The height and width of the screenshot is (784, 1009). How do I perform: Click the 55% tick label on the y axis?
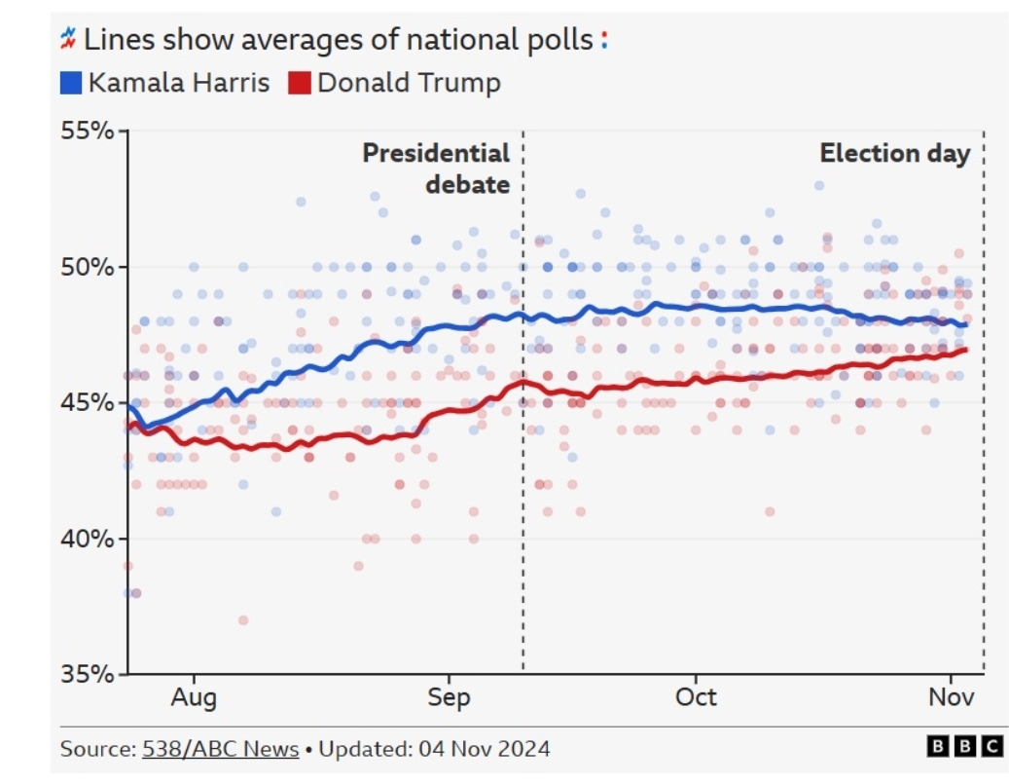point(90,131)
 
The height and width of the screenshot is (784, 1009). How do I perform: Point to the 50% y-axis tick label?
point(90,267)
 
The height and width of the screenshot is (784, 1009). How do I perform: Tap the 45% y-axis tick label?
point(90,402)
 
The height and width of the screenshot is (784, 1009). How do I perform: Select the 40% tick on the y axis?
point(90,539)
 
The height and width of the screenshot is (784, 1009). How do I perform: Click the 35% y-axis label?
point(90,674)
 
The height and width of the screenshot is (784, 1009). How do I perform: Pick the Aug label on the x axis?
point(196,697)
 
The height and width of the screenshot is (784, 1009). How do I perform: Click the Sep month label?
point(449,697)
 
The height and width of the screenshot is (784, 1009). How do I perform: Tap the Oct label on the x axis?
point(696,697)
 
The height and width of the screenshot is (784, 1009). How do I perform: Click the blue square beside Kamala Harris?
point(71,84)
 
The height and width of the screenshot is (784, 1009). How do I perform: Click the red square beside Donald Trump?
point(300,84)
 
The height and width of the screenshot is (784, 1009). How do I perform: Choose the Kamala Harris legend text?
point(178,83)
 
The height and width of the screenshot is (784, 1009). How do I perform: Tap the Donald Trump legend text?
point(409,83)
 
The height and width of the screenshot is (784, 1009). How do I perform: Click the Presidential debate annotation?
point(437,168)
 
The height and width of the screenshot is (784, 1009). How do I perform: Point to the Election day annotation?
point(894,154)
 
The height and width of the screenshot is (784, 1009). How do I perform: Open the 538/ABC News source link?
point(220,749)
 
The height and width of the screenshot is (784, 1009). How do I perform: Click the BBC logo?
point(963,747)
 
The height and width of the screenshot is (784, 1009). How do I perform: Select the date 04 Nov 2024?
point(485,749)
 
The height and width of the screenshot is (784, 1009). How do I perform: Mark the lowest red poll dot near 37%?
point(243,620)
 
